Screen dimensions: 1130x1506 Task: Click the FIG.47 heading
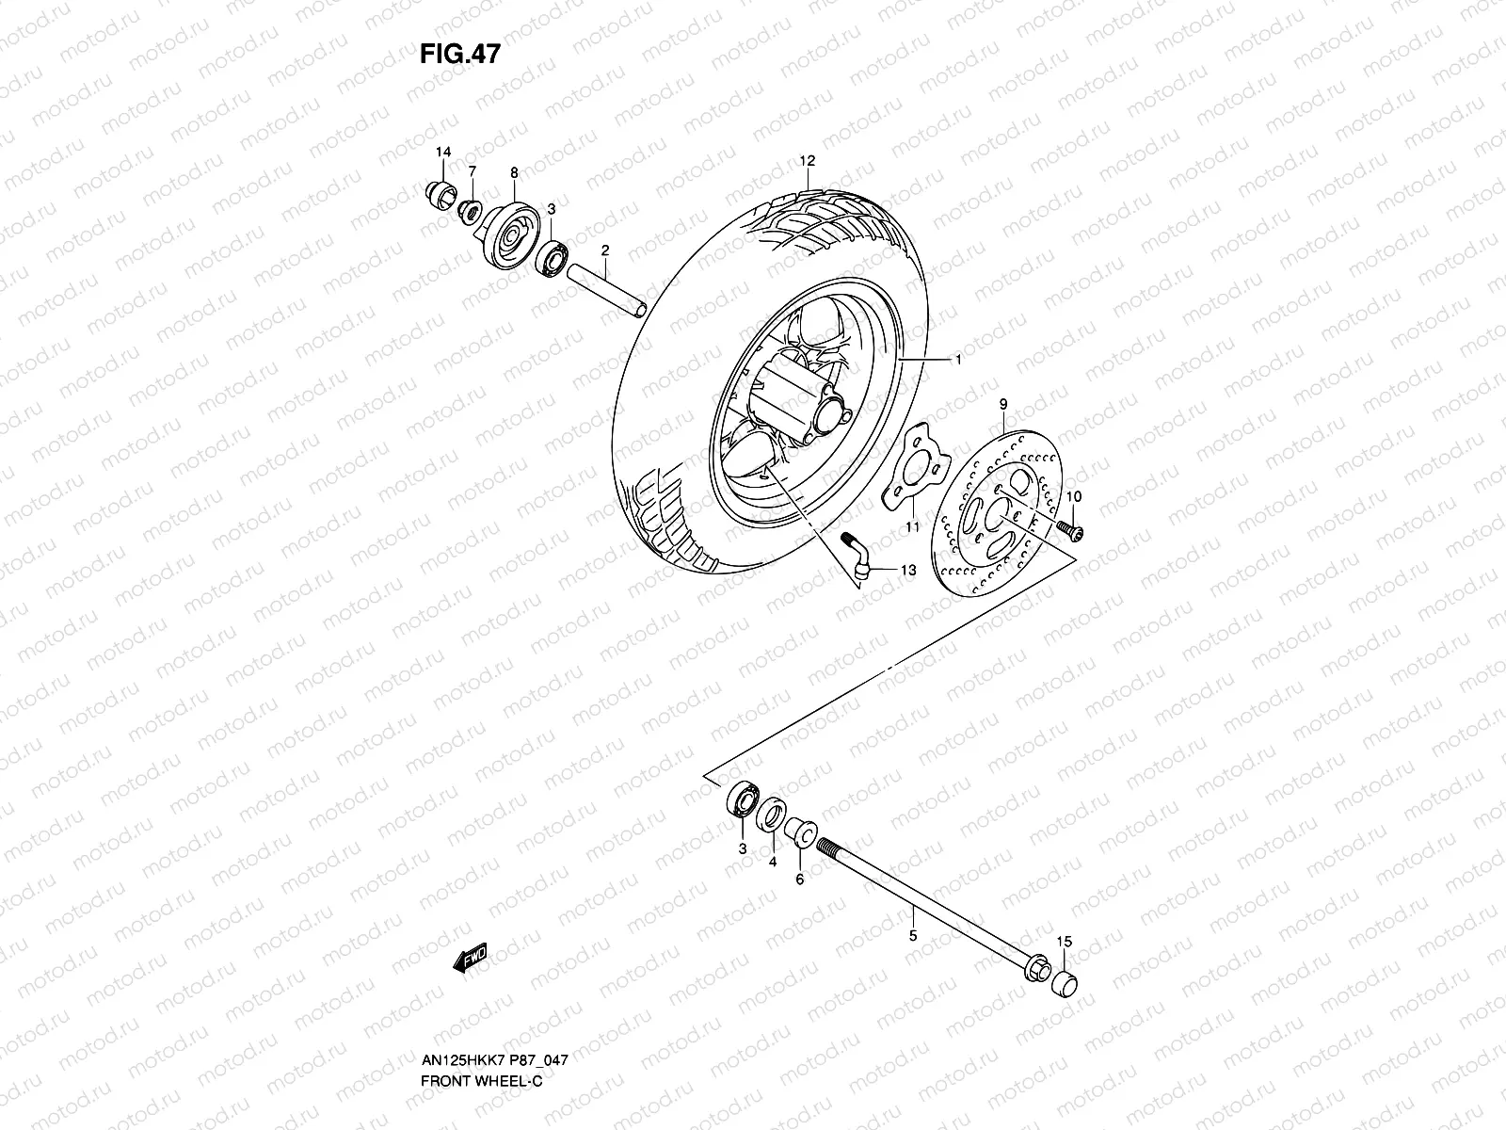tap(459, 55)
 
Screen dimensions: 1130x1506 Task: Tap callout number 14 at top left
tap(443, 153)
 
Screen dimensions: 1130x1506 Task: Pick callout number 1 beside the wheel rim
tap(958, 360)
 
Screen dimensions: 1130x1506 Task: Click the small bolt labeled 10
tap(1069, 530)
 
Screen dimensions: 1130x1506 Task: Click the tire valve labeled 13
tap(858, 554)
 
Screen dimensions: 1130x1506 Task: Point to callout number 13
tap(907, 571)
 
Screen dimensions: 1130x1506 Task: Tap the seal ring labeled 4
tap(772, 814)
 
